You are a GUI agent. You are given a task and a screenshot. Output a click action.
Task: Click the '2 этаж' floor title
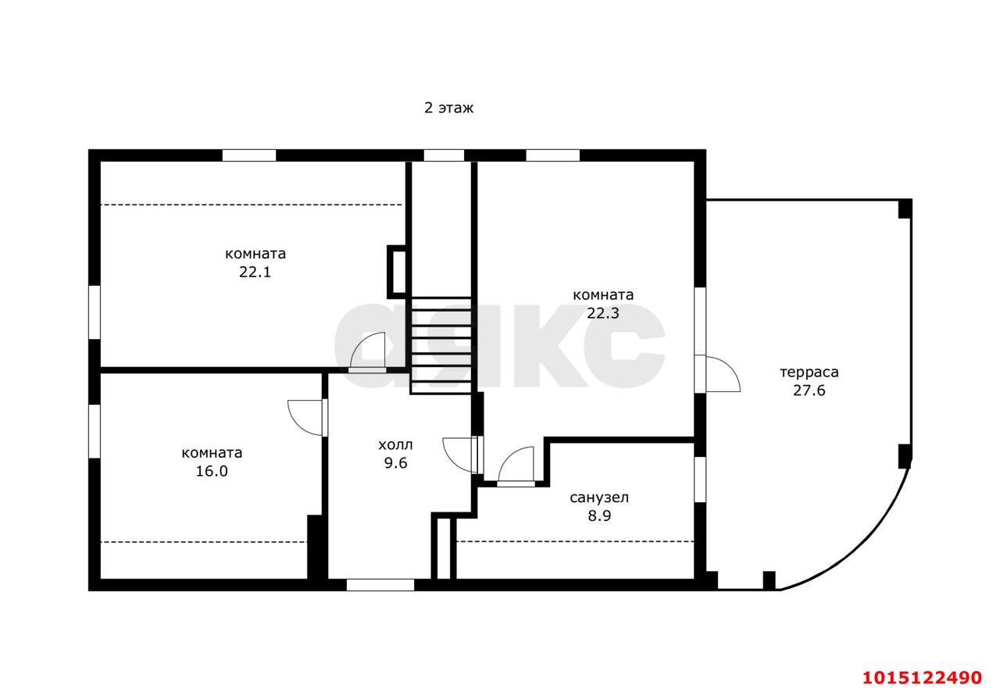448,108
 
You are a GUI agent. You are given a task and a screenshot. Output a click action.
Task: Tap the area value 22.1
255,272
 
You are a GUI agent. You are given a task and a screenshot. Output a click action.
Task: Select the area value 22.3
602,313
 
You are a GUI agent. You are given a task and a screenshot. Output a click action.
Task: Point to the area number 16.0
212,471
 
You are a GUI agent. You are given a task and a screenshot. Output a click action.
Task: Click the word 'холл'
395,444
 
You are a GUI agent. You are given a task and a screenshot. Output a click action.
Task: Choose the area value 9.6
395,463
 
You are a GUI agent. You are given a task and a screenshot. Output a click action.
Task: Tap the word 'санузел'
599,498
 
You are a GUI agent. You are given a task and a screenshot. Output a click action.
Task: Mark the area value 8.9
599,515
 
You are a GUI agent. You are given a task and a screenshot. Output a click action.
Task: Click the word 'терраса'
809,372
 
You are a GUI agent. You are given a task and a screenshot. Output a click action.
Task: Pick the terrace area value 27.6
809,391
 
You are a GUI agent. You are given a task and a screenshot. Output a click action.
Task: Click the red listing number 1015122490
922,678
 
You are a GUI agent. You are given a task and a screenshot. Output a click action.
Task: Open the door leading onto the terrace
717,374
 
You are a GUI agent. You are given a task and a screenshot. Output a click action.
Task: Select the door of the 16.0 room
308,418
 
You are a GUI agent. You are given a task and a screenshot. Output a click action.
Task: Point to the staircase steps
441,345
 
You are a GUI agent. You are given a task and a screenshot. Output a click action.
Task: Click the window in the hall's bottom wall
380,585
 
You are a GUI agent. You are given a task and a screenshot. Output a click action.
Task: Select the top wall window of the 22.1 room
249,155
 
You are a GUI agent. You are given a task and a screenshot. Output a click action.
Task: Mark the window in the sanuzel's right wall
700,480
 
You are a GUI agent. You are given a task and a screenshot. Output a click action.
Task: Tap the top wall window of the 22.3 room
552,155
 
